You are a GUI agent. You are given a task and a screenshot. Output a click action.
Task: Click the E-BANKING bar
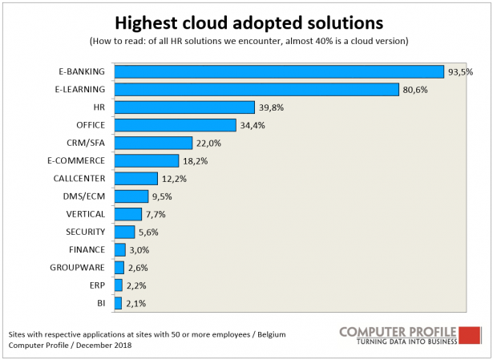[279, 71]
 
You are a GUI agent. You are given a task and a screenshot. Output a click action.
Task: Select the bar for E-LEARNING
[257, 89]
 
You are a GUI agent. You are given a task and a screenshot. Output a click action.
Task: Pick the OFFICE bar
[175, 125]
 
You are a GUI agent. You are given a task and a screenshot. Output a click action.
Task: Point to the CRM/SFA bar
[153, 143]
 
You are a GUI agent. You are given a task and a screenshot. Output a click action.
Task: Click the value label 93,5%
[461, 71]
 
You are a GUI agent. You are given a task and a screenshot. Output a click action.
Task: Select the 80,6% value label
[415, 89]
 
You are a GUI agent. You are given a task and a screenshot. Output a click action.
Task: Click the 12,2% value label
[175, 178]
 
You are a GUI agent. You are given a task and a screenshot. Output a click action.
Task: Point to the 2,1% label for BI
[136, 304]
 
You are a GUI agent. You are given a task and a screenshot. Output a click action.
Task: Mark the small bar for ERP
[119, 285]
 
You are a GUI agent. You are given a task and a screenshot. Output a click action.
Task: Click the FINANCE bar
[120, 250]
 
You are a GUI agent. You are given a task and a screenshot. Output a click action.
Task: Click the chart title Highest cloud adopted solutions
[247, 18]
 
